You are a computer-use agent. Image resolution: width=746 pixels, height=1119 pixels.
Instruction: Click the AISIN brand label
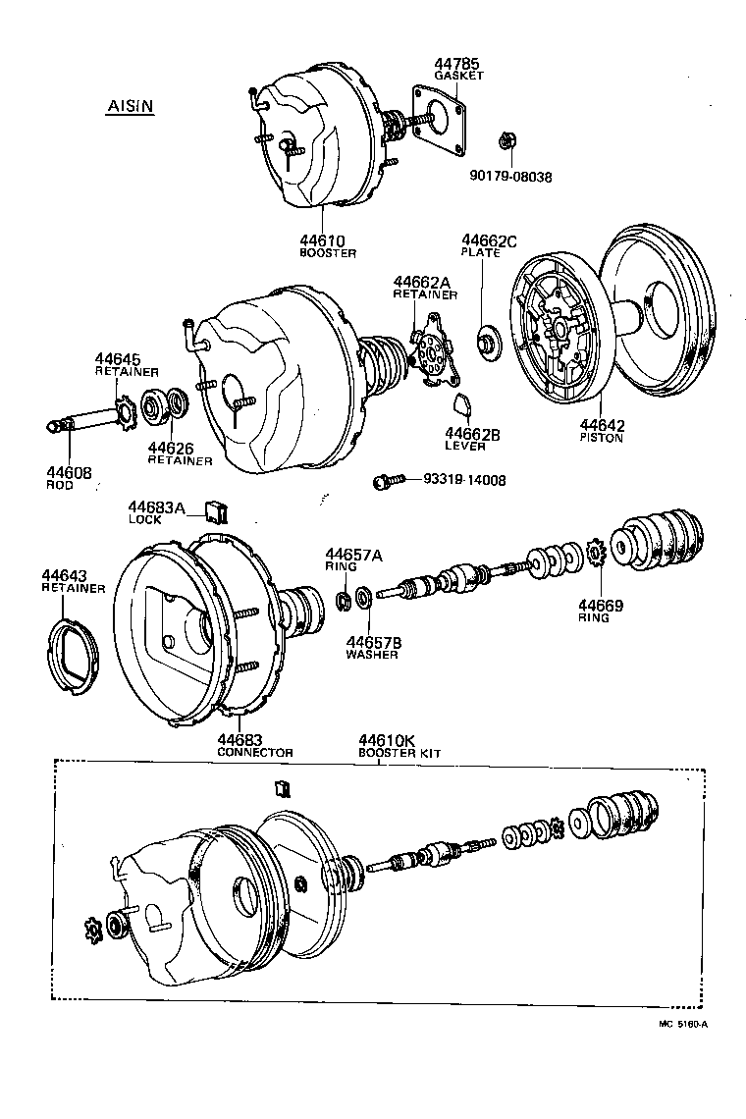point(129,107)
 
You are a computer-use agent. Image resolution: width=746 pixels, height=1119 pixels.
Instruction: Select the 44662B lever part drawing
point(462,401)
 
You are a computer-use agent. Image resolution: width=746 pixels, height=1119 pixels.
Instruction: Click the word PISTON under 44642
point(603,438)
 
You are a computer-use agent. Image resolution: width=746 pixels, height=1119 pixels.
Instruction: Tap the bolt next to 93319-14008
point(388,481)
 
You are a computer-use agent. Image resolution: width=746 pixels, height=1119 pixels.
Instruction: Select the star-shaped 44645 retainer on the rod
point(126,410)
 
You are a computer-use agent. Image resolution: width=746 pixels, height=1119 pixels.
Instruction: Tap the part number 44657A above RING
point(354,556)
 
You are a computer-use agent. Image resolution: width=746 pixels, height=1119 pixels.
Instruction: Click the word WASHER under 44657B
point(372,655)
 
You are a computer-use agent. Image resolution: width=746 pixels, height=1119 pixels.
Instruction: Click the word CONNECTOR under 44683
point(254,752)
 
